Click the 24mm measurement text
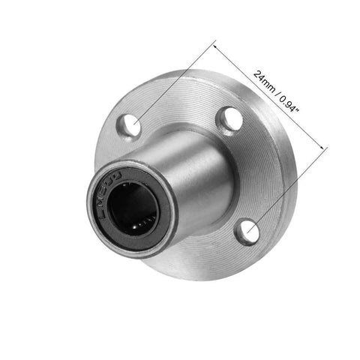tap(263, 80)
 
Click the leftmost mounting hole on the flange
tap(131, 125)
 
